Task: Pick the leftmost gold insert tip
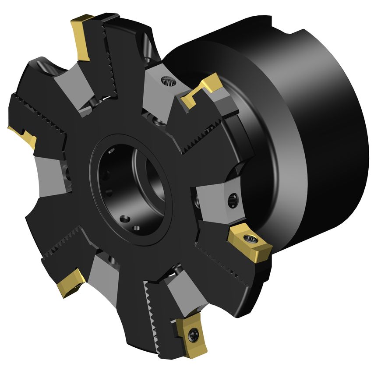pos(23,135)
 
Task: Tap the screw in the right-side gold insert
pos(251,239)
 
